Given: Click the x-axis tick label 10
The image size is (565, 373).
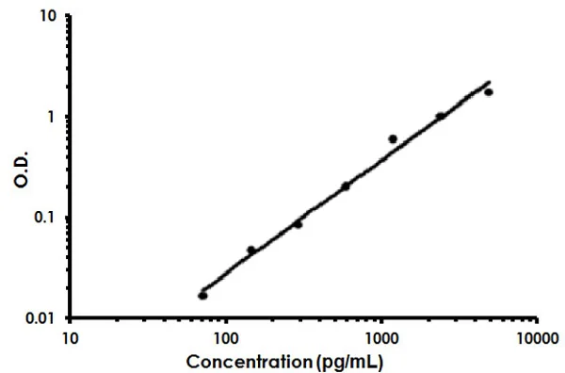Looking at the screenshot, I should pos(70,336).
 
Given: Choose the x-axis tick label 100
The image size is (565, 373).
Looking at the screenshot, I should pos(225,336).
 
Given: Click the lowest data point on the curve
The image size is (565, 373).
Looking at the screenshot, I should pos(202,296).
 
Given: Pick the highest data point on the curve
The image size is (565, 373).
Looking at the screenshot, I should pos(488,91).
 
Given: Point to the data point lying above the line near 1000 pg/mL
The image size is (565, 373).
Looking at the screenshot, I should pos(393,139).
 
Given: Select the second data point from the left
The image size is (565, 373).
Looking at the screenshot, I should pos(250,251).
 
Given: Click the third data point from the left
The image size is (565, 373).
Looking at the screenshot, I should pos(298,224).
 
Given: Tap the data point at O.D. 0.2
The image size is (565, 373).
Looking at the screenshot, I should pos(345,186).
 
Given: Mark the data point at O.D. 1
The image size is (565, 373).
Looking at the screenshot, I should pos(440,116).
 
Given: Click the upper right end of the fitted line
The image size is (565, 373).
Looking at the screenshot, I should pos(491,82).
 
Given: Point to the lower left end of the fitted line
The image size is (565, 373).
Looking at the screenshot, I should pos(201,292).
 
